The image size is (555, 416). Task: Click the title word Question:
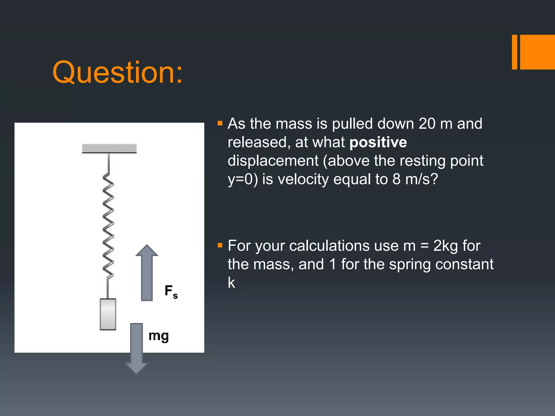click(x=117, y=72)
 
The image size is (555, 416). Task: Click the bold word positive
click(x=378, y=142)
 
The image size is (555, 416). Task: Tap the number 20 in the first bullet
click(x=427, y=124)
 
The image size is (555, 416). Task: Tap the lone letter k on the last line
click(x=231, y=283)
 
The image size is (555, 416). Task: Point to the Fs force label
click(x=171, y=291)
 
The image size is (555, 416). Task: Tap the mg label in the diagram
click(x=159, y=336)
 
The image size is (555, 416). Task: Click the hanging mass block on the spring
click(x=108, y=314)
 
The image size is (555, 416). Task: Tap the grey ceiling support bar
click(x=109, y=148)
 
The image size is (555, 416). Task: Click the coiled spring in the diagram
click(x=108, y=225)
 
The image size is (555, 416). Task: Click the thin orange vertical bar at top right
click(x=514, y=52)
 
